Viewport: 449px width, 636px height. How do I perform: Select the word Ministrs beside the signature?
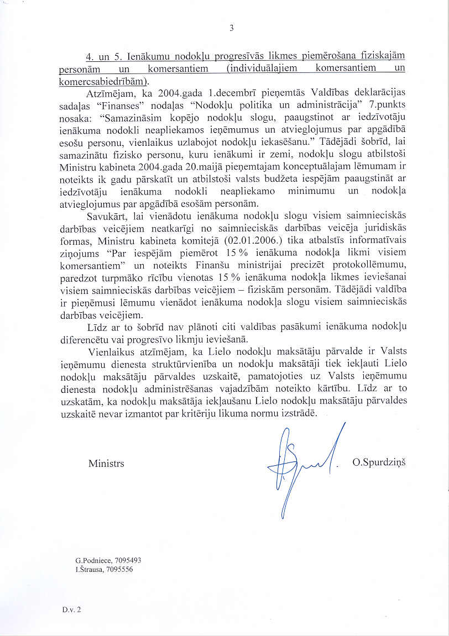click(x=106, y=463)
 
